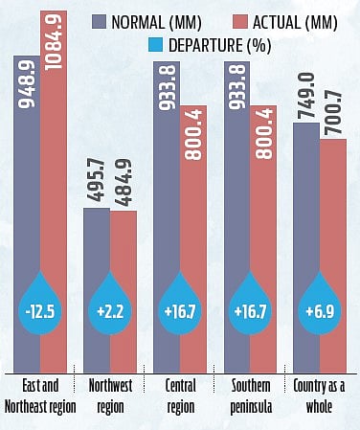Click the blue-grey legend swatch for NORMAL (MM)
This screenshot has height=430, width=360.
click(108, 19)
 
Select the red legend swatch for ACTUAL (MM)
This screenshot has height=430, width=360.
click(236, 19)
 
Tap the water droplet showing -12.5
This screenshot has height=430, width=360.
click(39, 308)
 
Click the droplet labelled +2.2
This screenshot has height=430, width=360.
click(109, 308)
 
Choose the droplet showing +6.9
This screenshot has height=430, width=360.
click(319, 308)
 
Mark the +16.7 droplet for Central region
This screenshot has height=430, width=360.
click(179, 308)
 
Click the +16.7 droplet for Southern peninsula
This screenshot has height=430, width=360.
click(249, 308)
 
